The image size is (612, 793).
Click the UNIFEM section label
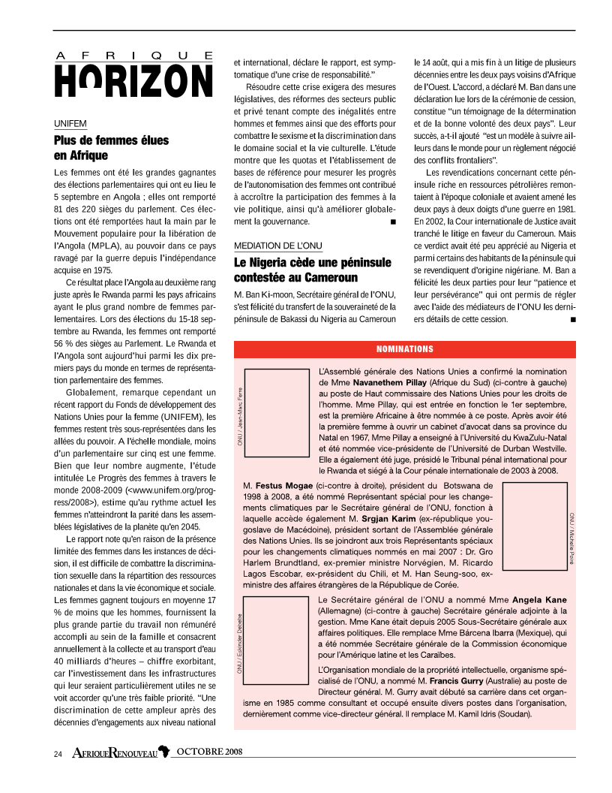click(x=70, y=122)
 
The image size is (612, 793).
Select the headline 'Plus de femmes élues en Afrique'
click(x=111, y=148)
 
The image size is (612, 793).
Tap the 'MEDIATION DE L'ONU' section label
click(x=277, y=246)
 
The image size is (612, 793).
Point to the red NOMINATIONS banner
click(x=404, y=349)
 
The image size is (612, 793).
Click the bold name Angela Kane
click(x=539, y=600)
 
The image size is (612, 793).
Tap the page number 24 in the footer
click(x=58, y=753)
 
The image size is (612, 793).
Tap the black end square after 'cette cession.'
click(x=573, y=319)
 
